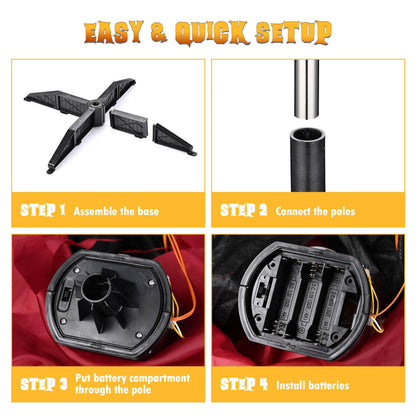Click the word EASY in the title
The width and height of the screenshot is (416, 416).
pyautogui.click(x=114, y=32)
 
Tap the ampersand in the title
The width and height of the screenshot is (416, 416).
pyautogui.click(x=159, y=32)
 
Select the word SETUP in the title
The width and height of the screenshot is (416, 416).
pyautogui.click(x=293, y=32)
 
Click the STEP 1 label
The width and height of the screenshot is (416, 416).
pyautogui.click(x=43, y=210)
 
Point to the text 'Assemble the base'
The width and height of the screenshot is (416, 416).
pyautogui.click(x=116, y=211)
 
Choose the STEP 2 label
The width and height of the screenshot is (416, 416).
pyautogui.click(x=243, y=210)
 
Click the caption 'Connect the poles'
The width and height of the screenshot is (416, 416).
pyautogui.click(x=315, y=211)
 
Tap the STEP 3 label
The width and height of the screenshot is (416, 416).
pyautogui.click(x=43, y=384)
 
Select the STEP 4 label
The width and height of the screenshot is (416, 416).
pyautogui.click(x=244, y=384)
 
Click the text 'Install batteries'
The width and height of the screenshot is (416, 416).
pyautogui.click(x=313, y=385)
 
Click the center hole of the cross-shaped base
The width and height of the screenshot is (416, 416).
pyautogui.click(x=96, y=105)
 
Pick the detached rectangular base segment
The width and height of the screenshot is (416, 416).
pyautogui.click(x=129, y=123)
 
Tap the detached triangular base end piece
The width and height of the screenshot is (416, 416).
pyautogui.click(x=173, y=139)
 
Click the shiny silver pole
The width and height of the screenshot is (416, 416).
pyautogui.click(x=306, y=89)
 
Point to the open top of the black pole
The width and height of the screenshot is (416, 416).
pyautogui.click(x=307, y=135)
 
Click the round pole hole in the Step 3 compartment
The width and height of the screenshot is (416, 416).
pyautogui.click(x=96, y=287)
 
